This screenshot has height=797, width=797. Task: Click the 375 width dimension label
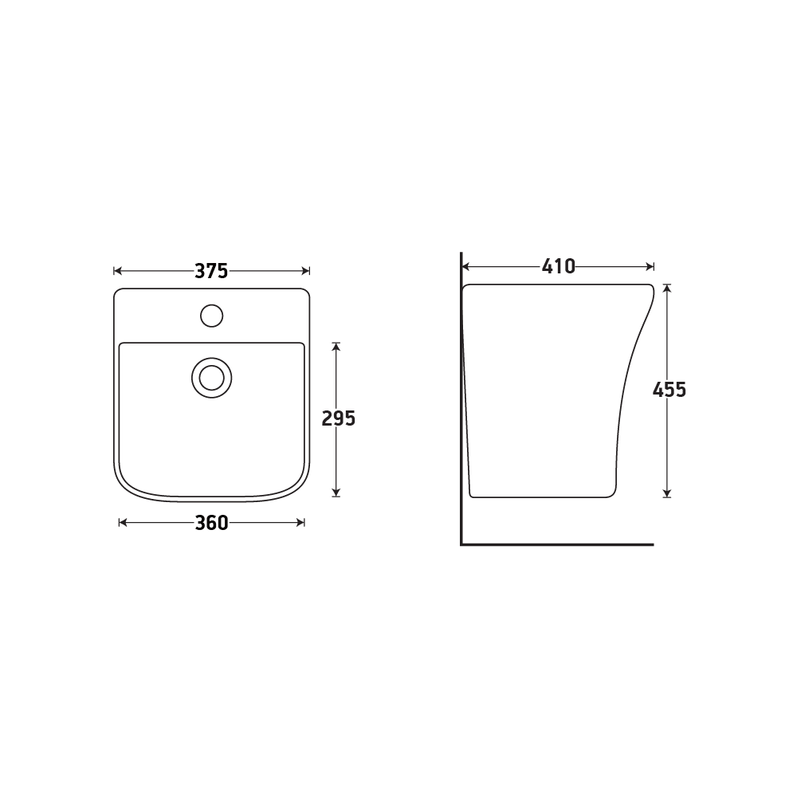(211, 271)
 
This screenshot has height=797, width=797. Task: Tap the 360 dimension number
(211, 523)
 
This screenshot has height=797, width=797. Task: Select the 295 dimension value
(339, 418)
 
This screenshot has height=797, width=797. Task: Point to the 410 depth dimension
(558, 266)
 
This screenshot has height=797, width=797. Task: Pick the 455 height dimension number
(669, 390)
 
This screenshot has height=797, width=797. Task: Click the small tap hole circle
(211, 316)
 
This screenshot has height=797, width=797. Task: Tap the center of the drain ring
(211, 378)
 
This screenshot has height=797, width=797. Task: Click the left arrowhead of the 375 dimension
(117, 271)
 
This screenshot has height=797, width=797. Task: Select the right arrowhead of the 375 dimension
(306, 271)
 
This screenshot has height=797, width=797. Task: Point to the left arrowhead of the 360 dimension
(123, 523)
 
